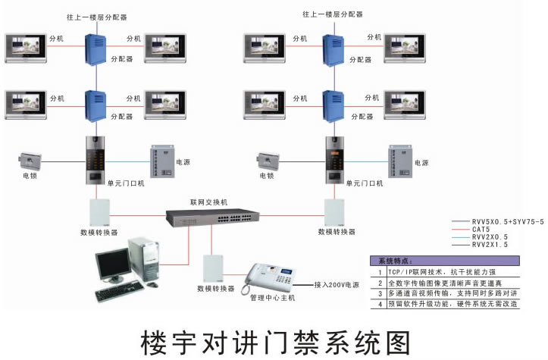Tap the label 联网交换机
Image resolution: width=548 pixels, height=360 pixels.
(x=208, y=203)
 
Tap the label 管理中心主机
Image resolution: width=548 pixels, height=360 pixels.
(x=273, y=298)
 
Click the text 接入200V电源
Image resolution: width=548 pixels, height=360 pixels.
(x=337, y=286)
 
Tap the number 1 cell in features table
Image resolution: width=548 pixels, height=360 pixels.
(x=379, y=271)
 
